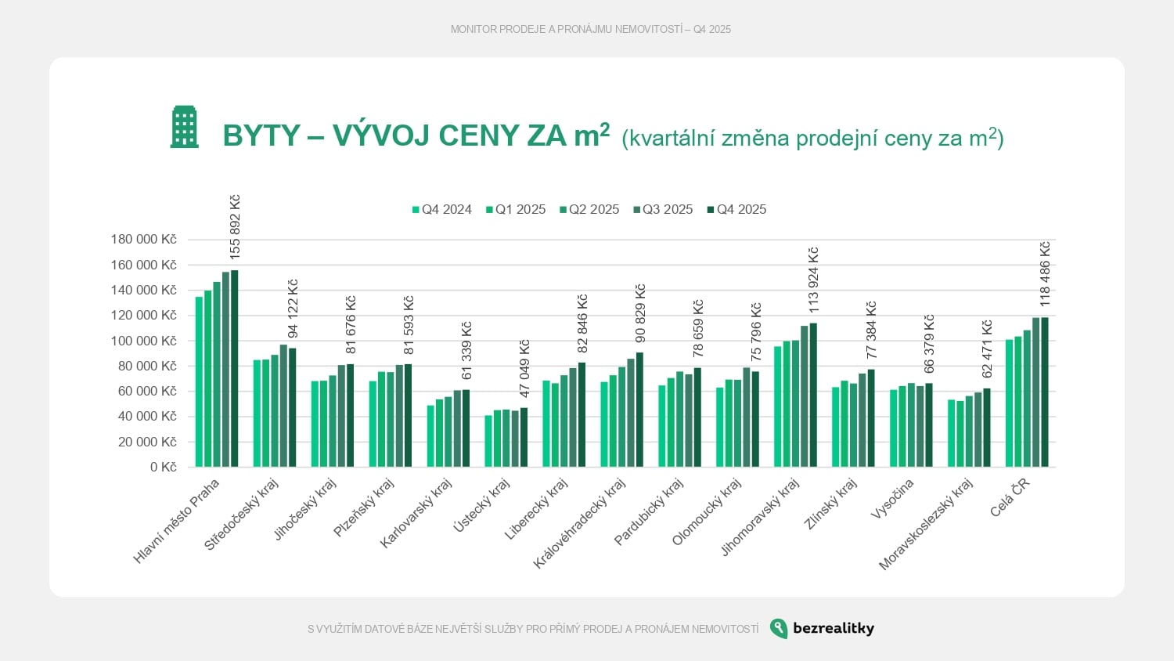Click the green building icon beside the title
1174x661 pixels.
(x=185, y=127)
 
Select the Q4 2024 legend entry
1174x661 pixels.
(x=442, y=210)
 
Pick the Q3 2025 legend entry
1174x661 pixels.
(x=663, y=210)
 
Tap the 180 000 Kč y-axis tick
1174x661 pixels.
(x=144, y=240)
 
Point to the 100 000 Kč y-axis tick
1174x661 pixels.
(x=144, y=341)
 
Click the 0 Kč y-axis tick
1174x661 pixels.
(x=164, y=467)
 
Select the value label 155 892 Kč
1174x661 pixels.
(x=235, y=227)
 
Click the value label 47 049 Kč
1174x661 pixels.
(x=524, y=368)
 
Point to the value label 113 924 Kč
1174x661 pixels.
(x=813, y=280)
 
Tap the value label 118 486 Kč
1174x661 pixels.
(x=1045, y=274)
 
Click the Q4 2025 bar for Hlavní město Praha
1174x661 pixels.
(x=235, y=369)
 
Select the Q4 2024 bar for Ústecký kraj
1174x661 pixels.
(x=488, y=441)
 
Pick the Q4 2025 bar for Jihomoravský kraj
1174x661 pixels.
(x=813, y=395)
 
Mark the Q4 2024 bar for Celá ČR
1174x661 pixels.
(x=1010, y=403)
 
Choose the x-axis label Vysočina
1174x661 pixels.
(x=892, y=500)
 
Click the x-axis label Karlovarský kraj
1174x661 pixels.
(x=416, y=514)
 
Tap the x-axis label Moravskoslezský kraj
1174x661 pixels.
(x=927, y=524)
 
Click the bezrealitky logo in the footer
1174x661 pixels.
(x=822, y=628)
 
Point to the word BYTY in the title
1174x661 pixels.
(x=261, y=135)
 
